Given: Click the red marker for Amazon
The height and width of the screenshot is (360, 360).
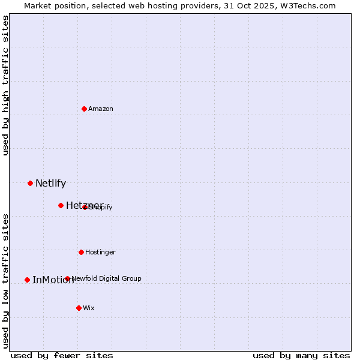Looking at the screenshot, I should coord(84,109).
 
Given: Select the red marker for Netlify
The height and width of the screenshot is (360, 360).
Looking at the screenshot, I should coord(30,183).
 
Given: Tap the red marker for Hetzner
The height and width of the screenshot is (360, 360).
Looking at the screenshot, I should coord(61,205).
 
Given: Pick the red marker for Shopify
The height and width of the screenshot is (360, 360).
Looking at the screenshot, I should coord(85,207).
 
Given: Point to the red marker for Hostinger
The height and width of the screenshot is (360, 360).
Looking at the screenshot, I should coord(81,252).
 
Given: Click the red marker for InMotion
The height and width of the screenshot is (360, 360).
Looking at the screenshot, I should coord(27,280).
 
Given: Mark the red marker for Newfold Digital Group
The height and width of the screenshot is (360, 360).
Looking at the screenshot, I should coord(67,278).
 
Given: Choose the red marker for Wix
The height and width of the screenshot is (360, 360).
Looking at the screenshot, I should coord(79,308).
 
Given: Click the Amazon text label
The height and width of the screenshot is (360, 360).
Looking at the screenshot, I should coord(101,109).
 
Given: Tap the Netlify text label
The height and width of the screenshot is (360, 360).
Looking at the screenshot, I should coord(50,184).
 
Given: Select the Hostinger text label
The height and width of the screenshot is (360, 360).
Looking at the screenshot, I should coord(100,252).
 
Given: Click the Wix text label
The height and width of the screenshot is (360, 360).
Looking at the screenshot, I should coord(89,308).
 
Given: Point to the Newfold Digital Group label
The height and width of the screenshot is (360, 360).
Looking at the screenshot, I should coord(106,278).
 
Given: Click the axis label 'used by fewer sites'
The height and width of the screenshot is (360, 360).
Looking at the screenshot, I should coord(62,355).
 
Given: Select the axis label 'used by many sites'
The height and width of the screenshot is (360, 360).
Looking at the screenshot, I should coord(301,355).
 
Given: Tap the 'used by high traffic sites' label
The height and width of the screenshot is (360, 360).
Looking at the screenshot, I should coord(6,85).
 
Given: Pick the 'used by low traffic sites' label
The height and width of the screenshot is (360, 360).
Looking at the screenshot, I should coord(6,281).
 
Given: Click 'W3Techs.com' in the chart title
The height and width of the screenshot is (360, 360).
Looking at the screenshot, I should coord(310,5).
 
